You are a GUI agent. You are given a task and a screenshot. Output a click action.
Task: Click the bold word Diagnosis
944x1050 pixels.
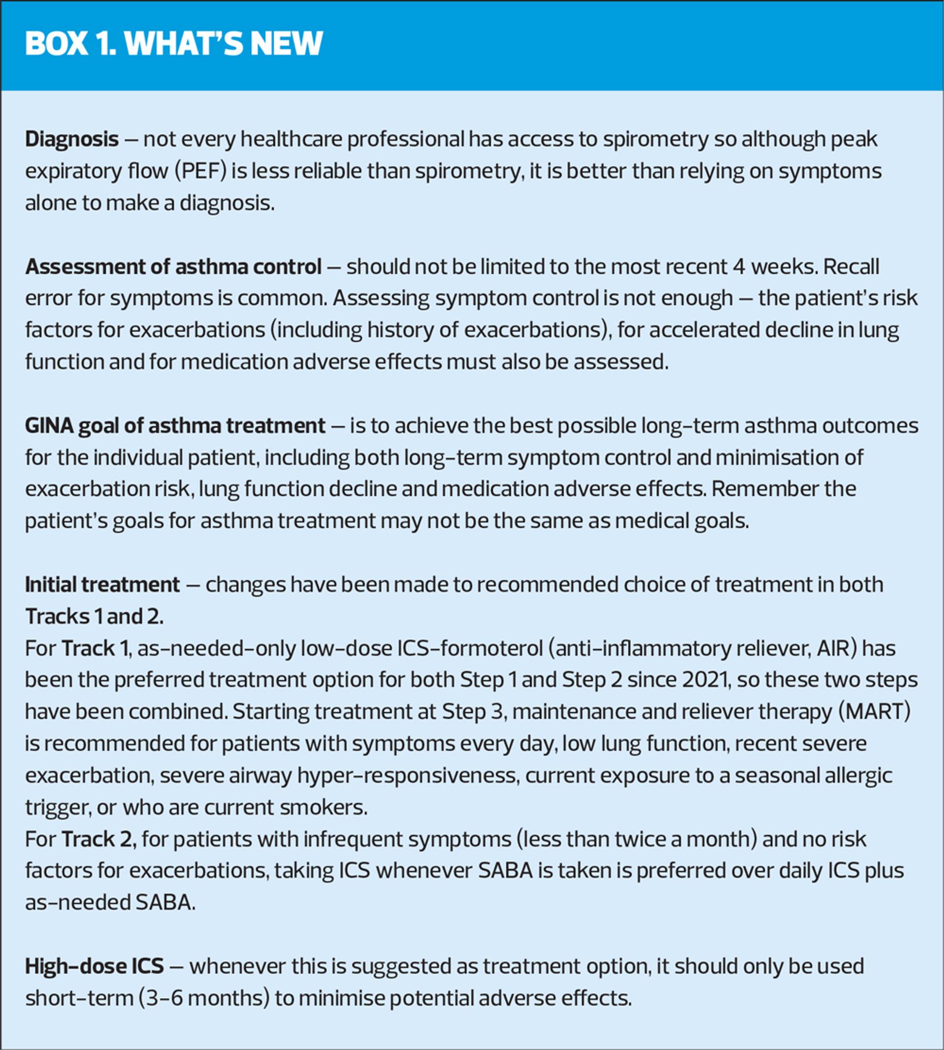72,140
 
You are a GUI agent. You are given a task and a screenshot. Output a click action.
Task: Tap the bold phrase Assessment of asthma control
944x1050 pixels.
173,267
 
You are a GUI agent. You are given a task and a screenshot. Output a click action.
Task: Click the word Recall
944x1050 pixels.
851,267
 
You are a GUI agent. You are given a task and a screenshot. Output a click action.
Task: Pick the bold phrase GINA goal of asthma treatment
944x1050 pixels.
175,426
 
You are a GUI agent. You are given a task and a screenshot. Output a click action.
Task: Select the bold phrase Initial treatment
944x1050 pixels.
102,585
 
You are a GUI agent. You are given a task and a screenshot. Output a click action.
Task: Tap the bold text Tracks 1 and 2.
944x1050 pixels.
94,617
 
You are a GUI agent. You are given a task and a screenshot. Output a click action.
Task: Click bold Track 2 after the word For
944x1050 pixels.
98,839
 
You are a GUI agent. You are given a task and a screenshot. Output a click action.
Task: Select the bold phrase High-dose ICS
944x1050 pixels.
94,966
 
